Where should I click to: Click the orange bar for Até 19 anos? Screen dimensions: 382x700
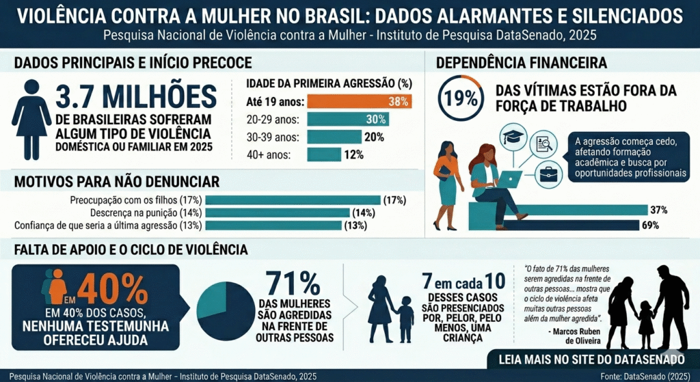point(359,102)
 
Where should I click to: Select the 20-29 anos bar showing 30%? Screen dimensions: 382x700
point(348,119)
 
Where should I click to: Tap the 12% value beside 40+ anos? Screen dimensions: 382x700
point(353,154)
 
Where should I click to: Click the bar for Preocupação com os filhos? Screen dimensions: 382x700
point(293,200)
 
